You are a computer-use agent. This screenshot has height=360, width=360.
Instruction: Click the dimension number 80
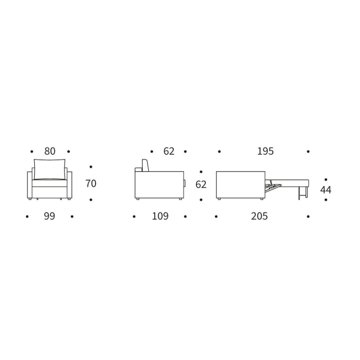point(50,151)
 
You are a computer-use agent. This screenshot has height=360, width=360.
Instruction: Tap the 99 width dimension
point(49,216)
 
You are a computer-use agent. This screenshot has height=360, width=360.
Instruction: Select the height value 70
point(91,184)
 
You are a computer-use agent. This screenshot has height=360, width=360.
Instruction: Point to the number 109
point(160,216)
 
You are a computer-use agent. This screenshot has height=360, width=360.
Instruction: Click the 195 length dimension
point(265,151)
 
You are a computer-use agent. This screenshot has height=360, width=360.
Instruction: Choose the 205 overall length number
point(260,216)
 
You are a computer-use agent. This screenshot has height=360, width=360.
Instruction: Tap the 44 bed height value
point(326,190)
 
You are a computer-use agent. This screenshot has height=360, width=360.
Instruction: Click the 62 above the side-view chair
point(169,151)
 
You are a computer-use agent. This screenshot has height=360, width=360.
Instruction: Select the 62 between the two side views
point(201,185)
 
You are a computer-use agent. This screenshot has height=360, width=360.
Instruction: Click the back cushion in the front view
point(50,169)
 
